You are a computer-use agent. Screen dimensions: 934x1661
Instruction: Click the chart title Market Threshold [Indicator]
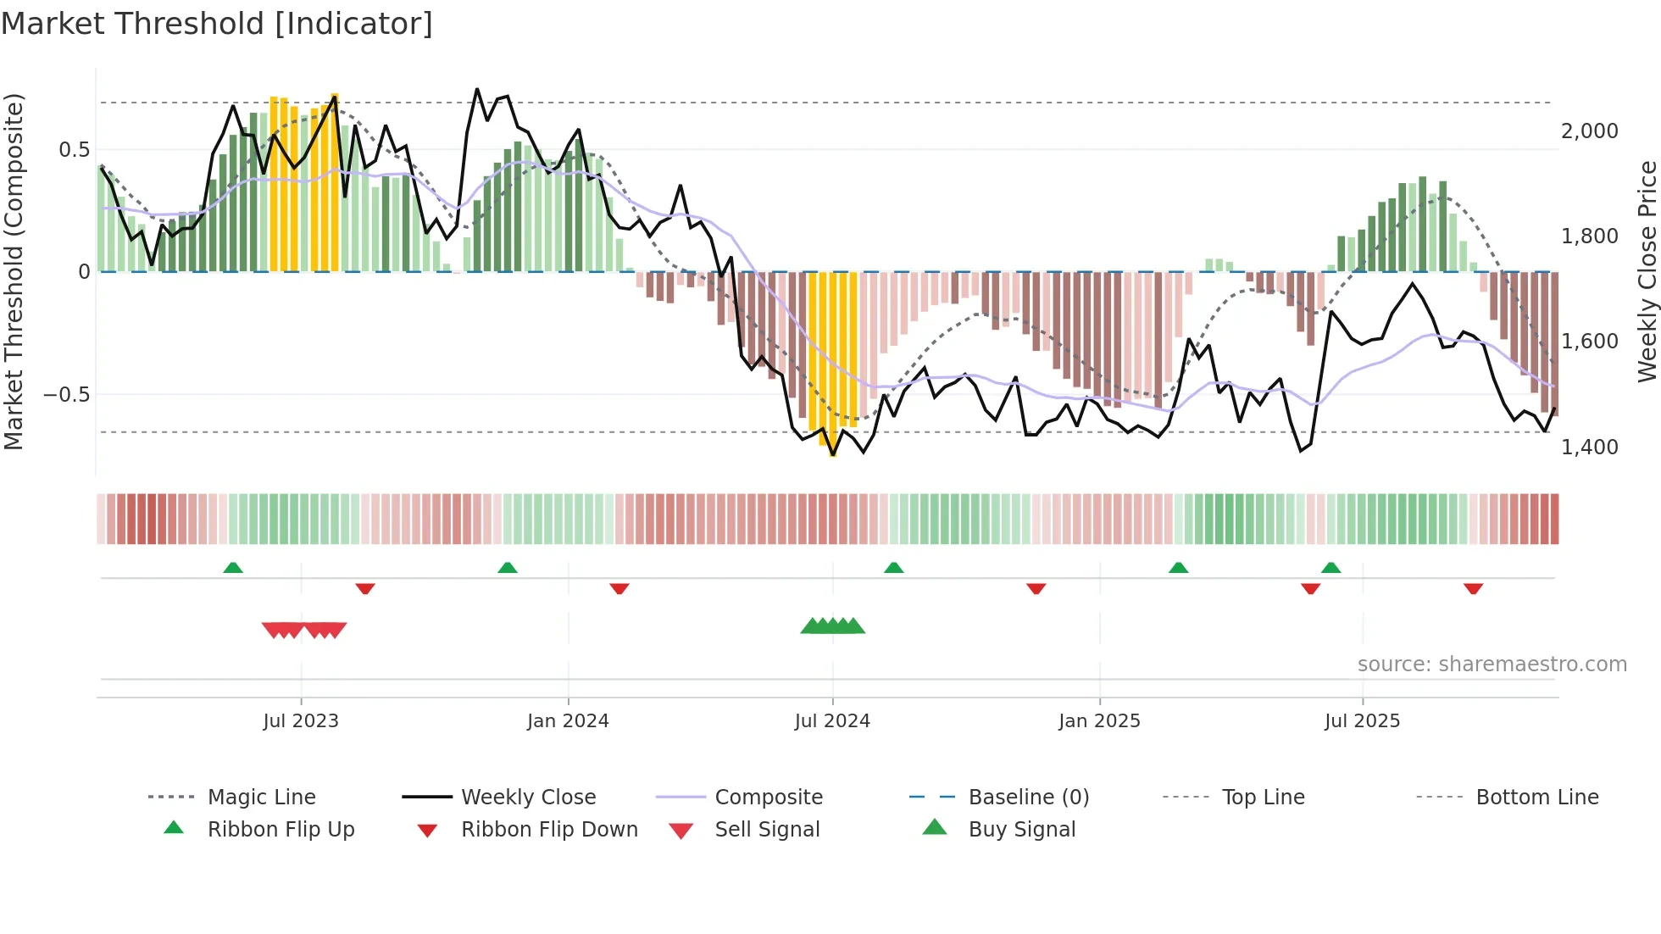pos(217,24)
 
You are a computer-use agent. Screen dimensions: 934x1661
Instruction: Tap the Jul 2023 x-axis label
pos(301,721)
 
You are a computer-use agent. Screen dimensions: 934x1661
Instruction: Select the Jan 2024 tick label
pos(568,721)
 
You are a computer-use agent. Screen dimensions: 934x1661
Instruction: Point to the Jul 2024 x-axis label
pos(832,721)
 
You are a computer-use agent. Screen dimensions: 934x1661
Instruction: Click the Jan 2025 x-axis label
pos(1099,721)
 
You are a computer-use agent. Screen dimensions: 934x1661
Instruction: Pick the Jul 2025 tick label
pos(1362,721)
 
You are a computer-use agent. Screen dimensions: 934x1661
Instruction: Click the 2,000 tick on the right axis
pos(1589,131)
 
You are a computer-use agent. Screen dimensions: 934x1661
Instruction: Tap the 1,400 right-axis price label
pos(1589,447)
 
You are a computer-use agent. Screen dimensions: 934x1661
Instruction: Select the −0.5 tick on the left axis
pos(66,395)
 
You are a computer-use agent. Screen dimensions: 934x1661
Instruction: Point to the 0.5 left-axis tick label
pos(74,150)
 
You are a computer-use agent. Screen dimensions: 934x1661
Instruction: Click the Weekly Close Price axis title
pos(1647,271)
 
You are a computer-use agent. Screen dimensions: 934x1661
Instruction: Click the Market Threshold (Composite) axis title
pos(14,271)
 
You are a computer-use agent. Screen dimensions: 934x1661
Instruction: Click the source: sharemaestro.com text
pos(1492,664)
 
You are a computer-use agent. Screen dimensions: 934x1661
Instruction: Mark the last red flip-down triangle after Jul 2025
pos(1473,588)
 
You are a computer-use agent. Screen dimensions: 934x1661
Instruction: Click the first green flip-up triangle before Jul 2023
pos(233,568)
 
